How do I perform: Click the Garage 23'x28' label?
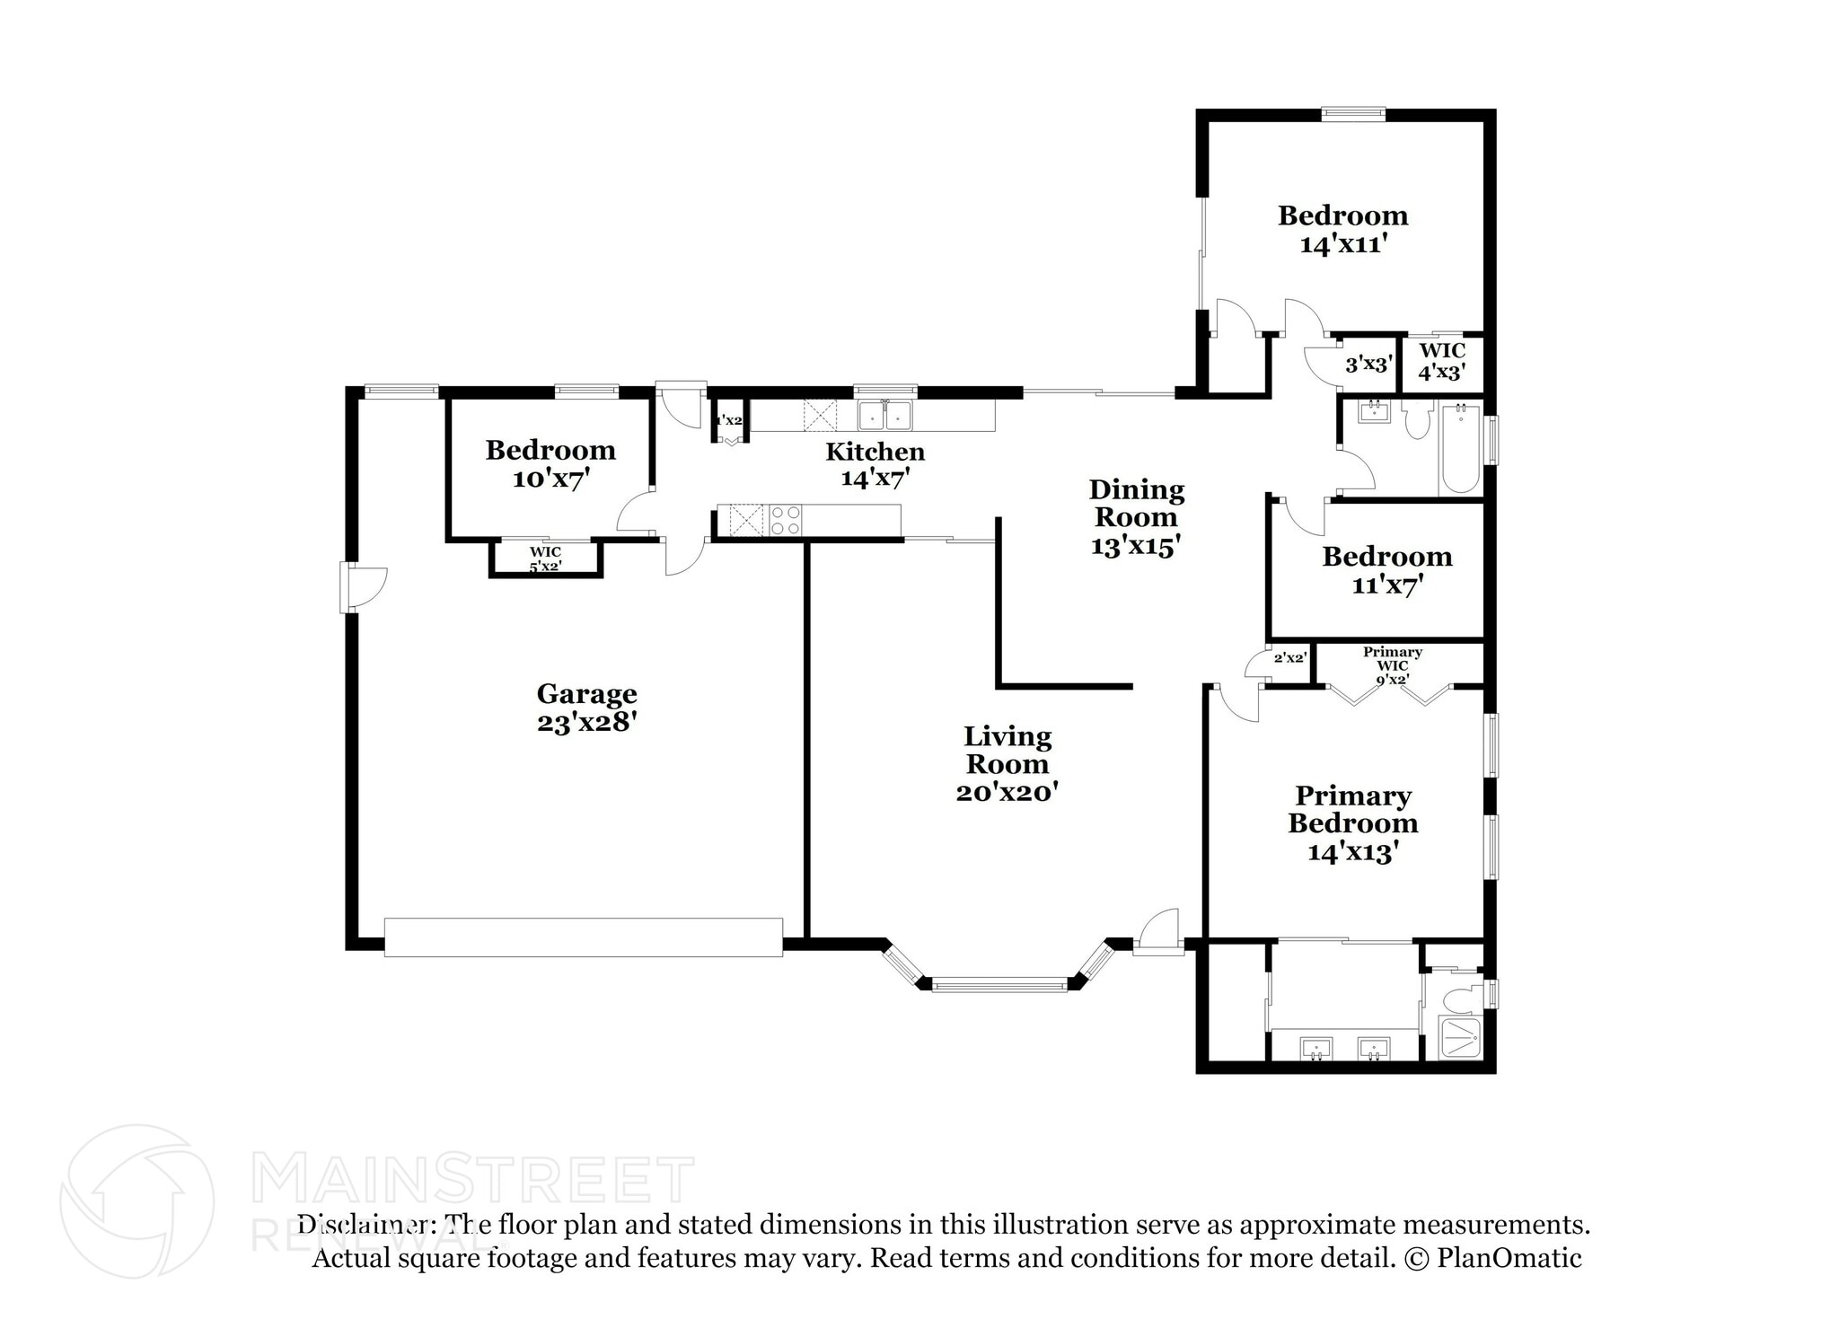[x=586, y=708]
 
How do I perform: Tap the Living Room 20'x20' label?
[x=1007, y=764]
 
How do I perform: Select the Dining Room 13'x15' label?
[x=1136, y=517]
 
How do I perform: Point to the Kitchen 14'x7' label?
[x=875, y=464]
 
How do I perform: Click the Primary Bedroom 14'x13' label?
[x=1353, y=823]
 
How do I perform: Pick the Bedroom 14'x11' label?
[x=1342, y=229]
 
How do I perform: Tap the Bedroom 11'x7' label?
[x=1386, y=570]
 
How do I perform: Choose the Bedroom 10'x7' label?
[x=550, y=464]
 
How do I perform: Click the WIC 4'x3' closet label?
[x=1442, y=360]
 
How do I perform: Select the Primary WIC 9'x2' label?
[x=1393, y=665]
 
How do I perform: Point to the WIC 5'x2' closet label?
[x=545, y=559]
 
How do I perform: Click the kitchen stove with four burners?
[x=786, y=520]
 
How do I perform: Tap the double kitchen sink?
[x=884, y=417]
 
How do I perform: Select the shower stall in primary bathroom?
[x=1460, y=1037]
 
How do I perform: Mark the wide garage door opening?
[x=584, y=937]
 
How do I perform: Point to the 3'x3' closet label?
[x=1368, y=365]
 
